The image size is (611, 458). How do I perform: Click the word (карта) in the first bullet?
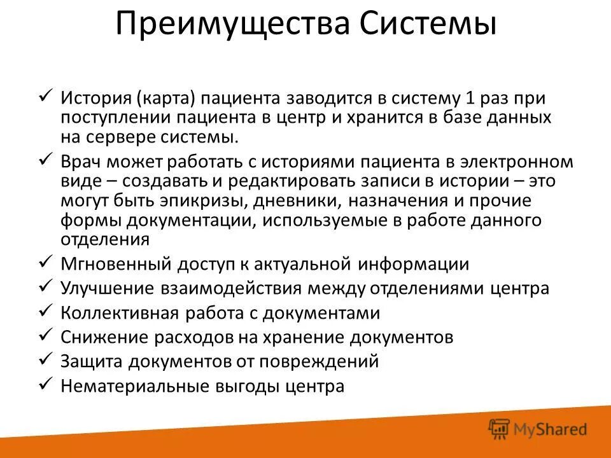165,99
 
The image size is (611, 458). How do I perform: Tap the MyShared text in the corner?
551,430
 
